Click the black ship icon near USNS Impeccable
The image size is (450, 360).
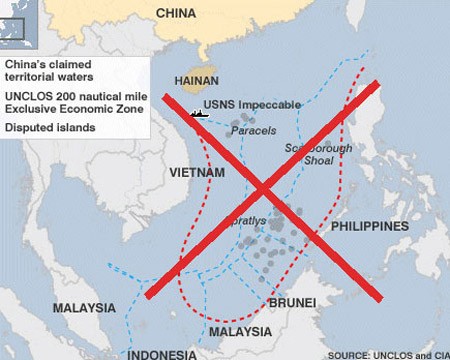pos(198,113)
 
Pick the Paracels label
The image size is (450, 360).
pos(253,130)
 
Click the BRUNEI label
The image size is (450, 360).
pos(292,302)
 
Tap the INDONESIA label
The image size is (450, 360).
pos(161,353)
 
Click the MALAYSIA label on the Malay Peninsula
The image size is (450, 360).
pos(84,307)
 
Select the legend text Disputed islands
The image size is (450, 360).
pos(50,128)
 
